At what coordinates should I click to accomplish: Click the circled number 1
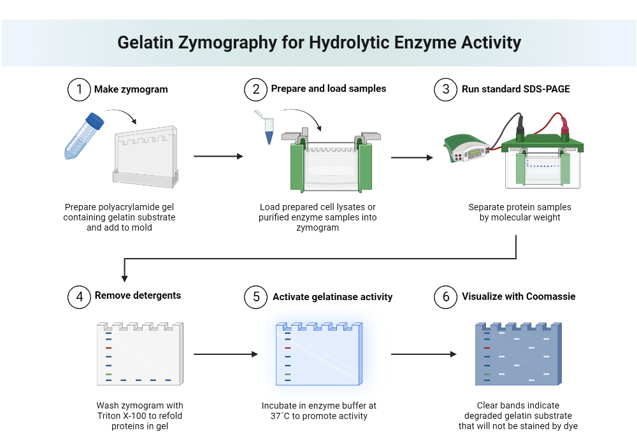tap(79, 89)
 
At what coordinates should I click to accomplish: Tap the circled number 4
tap(79, 296)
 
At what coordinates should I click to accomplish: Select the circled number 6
tap(446, 297)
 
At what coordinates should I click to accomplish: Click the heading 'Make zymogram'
tap(131, 89)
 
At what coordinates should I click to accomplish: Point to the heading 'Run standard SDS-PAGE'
tap(516, 89)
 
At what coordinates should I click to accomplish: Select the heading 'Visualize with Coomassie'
tap(519, 296)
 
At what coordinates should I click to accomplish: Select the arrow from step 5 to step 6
tap(424, 354)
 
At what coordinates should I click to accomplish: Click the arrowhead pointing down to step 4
tap(125, 277)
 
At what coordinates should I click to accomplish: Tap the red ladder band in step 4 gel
tap(109, 348)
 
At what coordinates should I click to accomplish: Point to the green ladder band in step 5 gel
tap(288, 374)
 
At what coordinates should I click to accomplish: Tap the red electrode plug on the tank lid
tap(564, 133)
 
